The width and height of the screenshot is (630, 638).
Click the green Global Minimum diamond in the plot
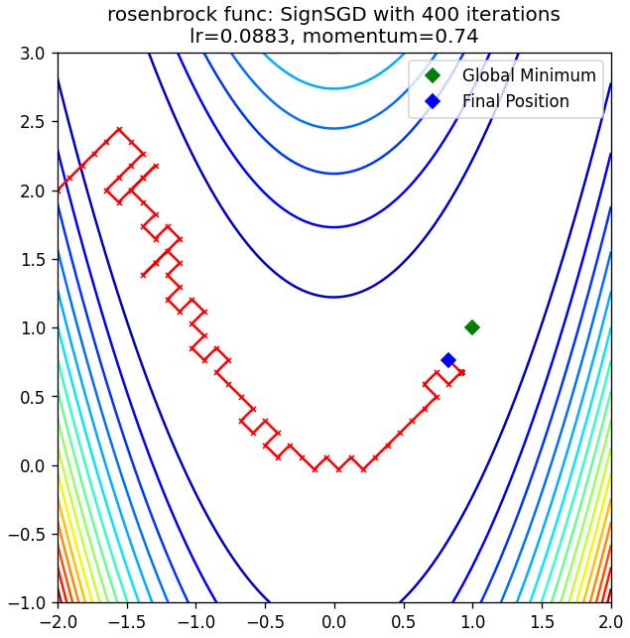coord(472,327)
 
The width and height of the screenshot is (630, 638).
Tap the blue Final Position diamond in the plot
coord(448,360)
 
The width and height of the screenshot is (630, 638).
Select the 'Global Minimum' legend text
coord(529,75)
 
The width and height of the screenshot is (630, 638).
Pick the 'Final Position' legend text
coord(516,101)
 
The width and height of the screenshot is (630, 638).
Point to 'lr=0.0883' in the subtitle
coord(240,37)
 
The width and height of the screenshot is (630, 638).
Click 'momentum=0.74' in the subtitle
coord(390,37)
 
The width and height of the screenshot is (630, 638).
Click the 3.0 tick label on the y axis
coord(33,54)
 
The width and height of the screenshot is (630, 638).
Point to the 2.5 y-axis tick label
coord(33,122)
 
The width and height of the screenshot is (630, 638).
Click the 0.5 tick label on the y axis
coord(33,397)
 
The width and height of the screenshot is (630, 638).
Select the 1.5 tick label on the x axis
coord(542,622)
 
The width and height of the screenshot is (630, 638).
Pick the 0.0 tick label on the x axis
coord(334,622)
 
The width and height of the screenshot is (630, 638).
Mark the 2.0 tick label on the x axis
coord(610,622)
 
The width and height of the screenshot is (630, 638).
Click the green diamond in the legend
coord(433,75)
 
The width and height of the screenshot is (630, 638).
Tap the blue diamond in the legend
coord(433,101)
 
